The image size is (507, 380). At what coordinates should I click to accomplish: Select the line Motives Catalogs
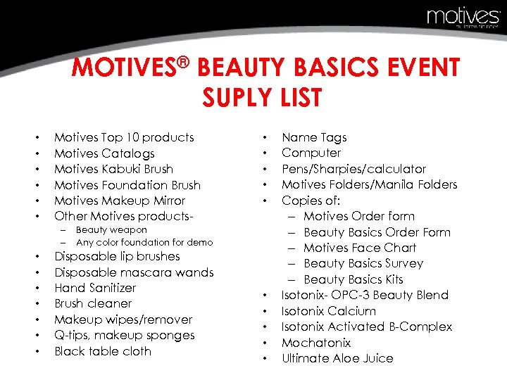coord(104,153)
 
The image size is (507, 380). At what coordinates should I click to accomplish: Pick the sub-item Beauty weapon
coord(111,230)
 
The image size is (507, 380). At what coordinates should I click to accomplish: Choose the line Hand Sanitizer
coord(95,288)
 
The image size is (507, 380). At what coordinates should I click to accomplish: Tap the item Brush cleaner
coord(93,303)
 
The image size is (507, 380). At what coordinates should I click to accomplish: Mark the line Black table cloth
coord(103,351)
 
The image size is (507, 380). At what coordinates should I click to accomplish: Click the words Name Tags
coord(314,137)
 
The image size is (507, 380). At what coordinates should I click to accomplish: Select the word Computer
coord(311,153)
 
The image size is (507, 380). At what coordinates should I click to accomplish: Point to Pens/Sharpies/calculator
coord(353,169)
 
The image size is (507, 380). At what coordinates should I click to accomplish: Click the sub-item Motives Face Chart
coord(359,248)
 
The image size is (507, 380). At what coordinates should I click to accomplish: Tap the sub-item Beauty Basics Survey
coord(363,263)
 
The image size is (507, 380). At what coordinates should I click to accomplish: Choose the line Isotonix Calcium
coord(329,311)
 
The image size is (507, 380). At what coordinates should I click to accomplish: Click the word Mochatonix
coord(316,343)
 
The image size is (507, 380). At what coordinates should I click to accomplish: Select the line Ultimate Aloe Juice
coord(337,358)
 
